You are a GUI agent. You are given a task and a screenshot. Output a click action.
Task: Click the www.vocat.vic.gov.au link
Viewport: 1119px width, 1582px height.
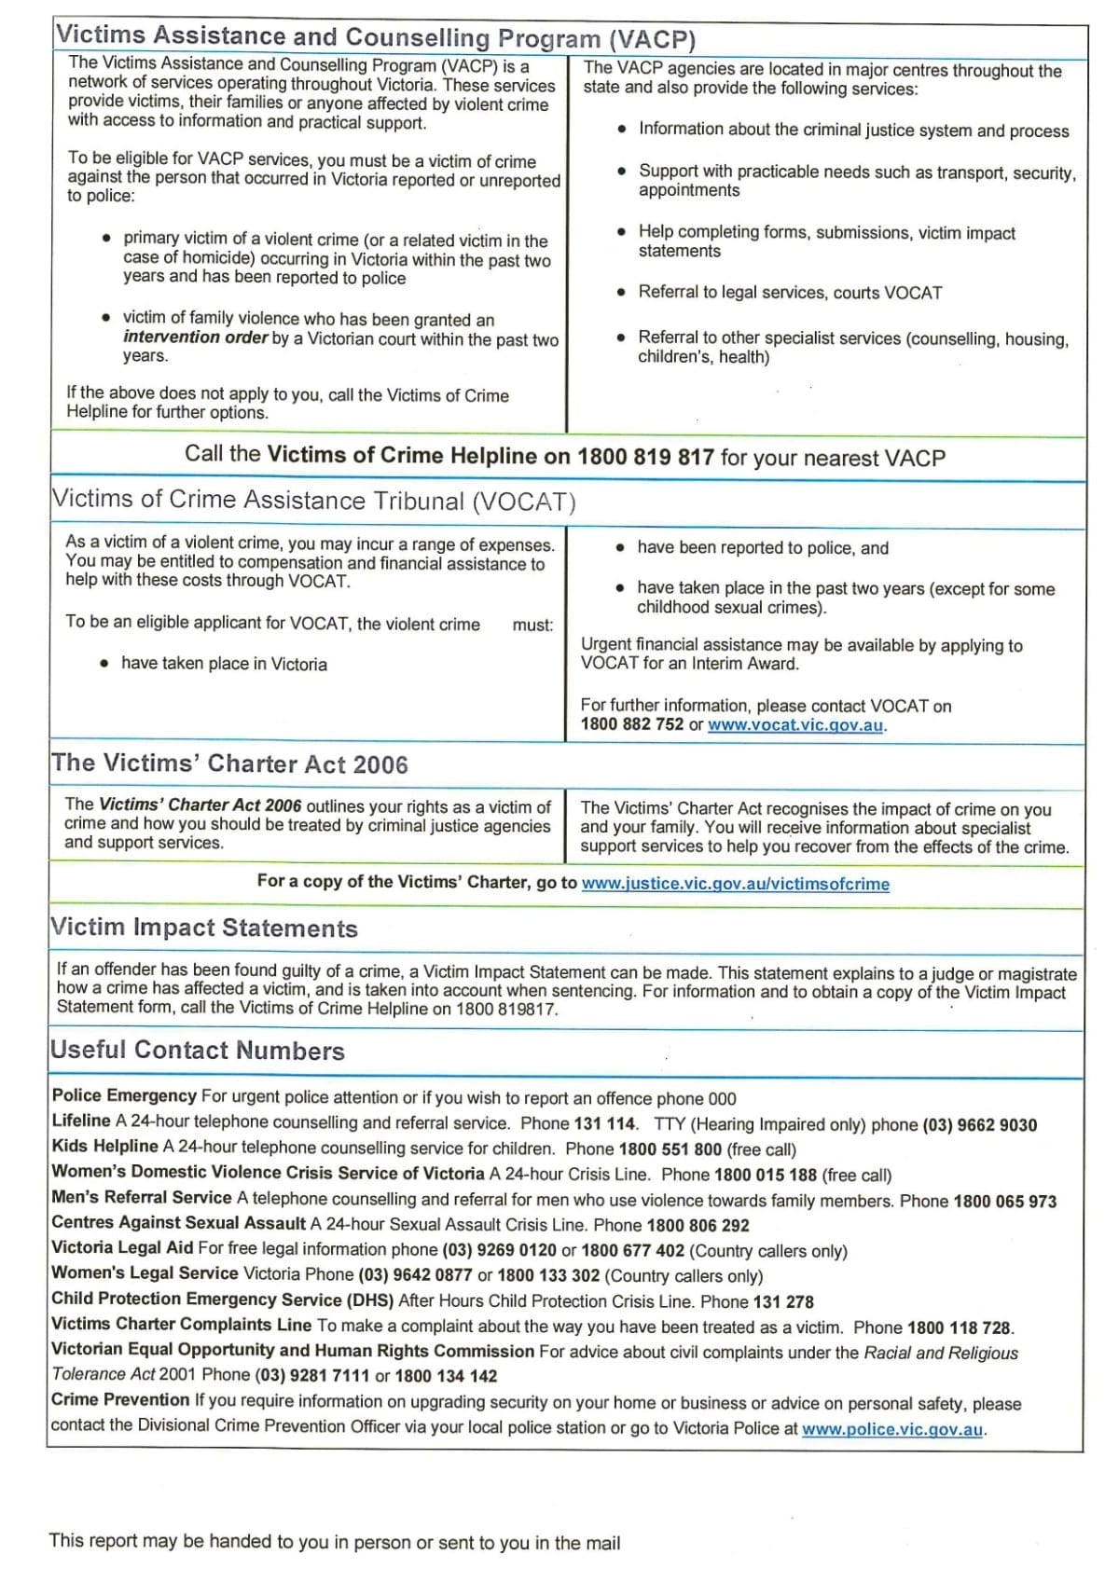coord(794,725)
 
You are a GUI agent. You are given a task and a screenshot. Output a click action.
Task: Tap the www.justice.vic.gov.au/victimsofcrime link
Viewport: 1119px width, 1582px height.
coord(735,884)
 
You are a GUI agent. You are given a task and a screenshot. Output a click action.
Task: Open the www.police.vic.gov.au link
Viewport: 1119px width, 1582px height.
coord(891,1429)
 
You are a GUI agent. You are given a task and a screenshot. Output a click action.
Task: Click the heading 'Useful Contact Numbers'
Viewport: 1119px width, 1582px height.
coord(198,1051)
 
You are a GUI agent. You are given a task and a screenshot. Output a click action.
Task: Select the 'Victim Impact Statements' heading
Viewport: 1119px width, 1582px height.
coord(204,928)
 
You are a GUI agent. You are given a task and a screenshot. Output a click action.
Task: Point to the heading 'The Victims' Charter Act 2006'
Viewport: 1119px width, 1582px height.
coord(229,763)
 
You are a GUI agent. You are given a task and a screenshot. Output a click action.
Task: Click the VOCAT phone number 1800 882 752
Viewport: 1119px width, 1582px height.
coord(631,724)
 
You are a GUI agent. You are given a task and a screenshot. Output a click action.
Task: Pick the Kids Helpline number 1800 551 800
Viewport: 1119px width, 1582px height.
coord(670,1149)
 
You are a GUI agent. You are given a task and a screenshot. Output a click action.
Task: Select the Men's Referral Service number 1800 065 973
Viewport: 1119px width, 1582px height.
coord(1004,1202)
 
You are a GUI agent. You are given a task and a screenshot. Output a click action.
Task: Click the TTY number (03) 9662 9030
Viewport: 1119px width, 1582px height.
coord(979,1125)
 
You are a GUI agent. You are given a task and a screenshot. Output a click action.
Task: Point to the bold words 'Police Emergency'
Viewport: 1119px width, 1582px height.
coord(124,1096)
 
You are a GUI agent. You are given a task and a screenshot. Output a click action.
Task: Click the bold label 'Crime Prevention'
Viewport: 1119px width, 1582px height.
coord(120,1400)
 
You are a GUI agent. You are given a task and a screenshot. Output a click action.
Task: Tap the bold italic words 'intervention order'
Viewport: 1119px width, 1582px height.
coord(195,337)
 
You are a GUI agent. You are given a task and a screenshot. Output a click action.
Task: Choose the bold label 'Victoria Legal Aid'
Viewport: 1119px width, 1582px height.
coord(122,1248)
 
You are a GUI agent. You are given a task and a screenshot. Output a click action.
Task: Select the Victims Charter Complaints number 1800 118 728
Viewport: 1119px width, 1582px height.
coord(959,1328)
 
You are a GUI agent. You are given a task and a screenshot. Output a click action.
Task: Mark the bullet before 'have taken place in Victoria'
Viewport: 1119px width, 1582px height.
coord(104,664)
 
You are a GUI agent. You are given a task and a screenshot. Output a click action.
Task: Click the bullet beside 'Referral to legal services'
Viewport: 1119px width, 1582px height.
coord(622,293)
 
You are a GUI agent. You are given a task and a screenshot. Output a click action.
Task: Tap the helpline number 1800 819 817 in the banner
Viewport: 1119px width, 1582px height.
coord(645,457)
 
